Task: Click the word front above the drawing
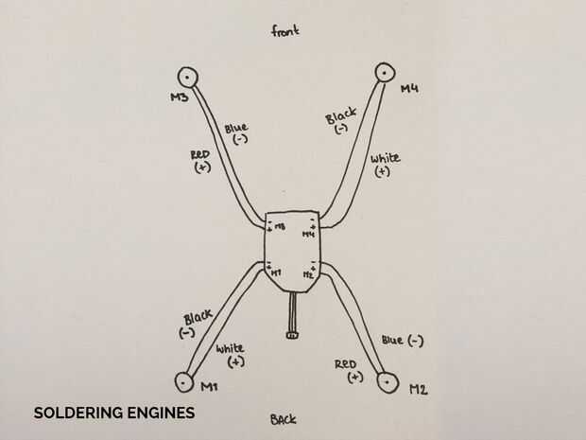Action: (284, 31)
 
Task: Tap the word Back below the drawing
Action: (283, 419)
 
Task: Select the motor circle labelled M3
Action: (187, 77)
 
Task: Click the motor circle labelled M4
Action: (385, 72)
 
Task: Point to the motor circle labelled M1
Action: (185, 381)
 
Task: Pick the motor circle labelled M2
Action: (388, 381)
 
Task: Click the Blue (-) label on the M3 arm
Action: (236, 132)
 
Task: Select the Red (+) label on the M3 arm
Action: (200, 160)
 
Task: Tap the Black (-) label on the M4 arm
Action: (340, 121)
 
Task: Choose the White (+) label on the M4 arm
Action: (384, 164)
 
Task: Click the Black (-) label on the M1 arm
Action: (196, 324)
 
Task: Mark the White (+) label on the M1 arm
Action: (230, 354)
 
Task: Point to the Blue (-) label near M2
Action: (403, 340)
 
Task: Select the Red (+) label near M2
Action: (347, 369)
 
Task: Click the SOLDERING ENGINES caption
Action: (114, 413)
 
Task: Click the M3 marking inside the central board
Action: (281, 227)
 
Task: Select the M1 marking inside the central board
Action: (276, 273)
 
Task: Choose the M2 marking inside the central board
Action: (308, 273)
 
